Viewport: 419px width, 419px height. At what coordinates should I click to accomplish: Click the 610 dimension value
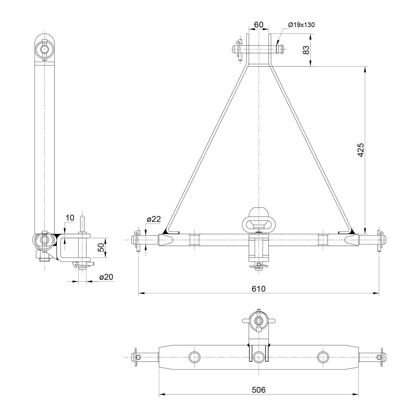[x=259, y=289]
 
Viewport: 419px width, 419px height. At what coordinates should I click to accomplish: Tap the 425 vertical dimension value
[x=361, y=150]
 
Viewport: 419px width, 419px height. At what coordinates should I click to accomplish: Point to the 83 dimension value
[x=306, y=50]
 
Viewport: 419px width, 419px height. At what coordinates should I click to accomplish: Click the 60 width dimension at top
[x=259, y=25]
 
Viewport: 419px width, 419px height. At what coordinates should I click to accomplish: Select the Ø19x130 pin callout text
[x=301, y=25]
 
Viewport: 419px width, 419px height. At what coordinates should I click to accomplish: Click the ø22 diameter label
[x=154, y=219]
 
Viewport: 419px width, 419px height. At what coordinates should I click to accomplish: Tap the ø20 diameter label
[x=106, y=277]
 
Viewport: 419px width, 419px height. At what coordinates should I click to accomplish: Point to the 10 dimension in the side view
[x=70, y=218]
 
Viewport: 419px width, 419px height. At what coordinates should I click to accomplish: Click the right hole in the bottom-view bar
[x=323, y=357]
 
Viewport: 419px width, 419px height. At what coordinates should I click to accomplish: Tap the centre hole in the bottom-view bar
[x=259, y=357]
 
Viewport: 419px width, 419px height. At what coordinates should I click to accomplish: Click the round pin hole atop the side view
[x=44, y=49]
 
